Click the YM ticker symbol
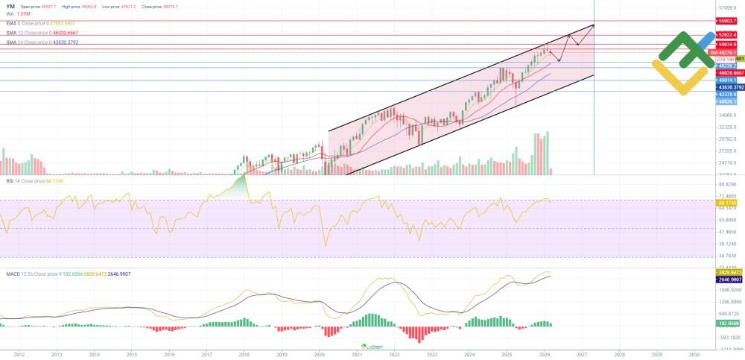click(10, 6)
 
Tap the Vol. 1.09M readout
click(17, 14)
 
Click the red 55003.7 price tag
click(727, 22)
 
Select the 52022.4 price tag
click(727, 35)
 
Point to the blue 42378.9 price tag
click(727, 95)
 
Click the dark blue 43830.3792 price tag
click(727, 87)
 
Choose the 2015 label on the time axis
click(131, 354)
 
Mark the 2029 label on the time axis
click(656, 354)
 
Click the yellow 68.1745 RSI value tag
click(727, 203)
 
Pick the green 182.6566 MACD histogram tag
click(727, 324)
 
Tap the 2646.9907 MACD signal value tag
click(727, 280)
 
